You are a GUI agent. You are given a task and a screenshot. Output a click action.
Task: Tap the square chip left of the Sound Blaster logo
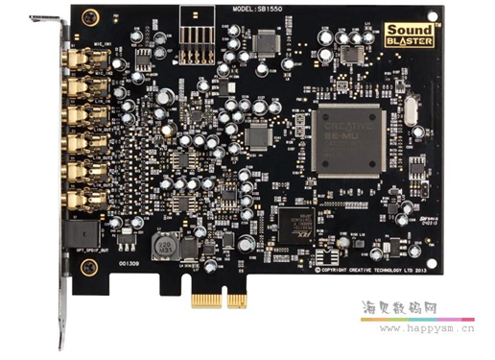coord(268,41)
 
